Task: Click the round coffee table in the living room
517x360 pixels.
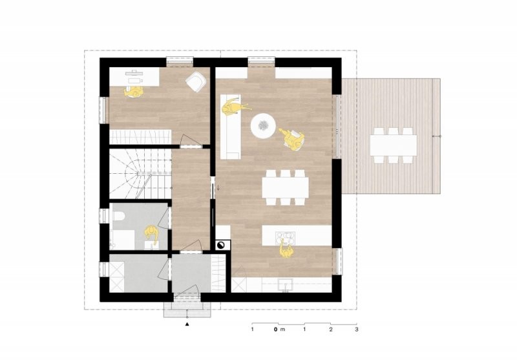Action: tap(263, 125)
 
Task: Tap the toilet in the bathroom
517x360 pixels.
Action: tap(118, 216)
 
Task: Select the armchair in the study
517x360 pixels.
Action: tap(196, 81)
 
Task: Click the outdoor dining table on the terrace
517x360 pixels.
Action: tap(394, 145)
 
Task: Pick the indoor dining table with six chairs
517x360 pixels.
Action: tap(285, 187)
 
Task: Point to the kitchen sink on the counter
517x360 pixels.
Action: tap(285, 285)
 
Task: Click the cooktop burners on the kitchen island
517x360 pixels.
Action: tap(285, 237)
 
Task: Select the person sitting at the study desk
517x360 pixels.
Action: tap(134, 92)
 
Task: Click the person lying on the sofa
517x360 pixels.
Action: tap(233, 107)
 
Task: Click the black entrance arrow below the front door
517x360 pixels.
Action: tap(187, 324)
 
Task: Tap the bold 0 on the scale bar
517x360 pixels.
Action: tap(275, 329)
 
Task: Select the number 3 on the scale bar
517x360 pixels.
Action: tap(357, 329)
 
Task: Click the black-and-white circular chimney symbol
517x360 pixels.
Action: tap(220, 245)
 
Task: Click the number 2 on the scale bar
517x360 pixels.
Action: tap(330, 329)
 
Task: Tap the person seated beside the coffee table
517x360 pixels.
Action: tap(292, 138)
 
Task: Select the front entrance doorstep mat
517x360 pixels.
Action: tap(187, 309)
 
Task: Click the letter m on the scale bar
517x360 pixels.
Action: tap(282, 330)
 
